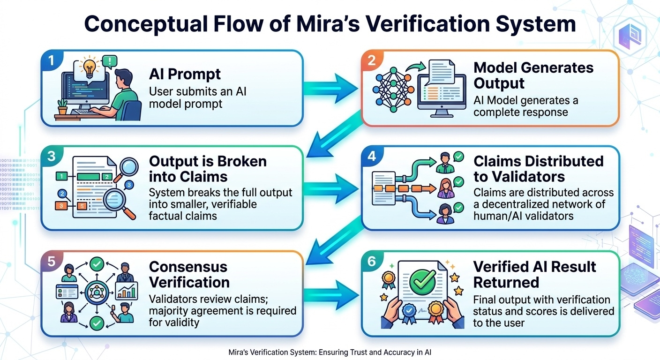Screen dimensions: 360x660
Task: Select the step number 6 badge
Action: tap(372, 261)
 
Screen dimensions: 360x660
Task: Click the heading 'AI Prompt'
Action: tap(185, 74)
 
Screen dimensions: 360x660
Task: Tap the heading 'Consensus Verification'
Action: tap(189, 274)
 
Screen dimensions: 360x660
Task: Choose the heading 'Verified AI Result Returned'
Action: tap(534, 274)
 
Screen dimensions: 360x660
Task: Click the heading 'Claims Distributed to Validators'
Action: tap(538, 169)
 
